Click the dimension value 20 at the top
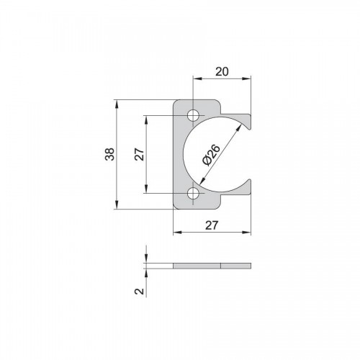(222, 71)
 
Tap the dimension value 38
(110, 154)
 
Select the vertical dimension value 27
(140, 154)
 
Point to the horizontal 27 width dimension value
(212, 225)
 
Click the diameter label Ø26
(211, 155)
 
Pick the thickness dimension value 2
(139, 291)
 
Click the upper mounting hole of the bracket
(193, 116)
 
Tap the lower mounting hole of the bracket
(193, 193)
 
